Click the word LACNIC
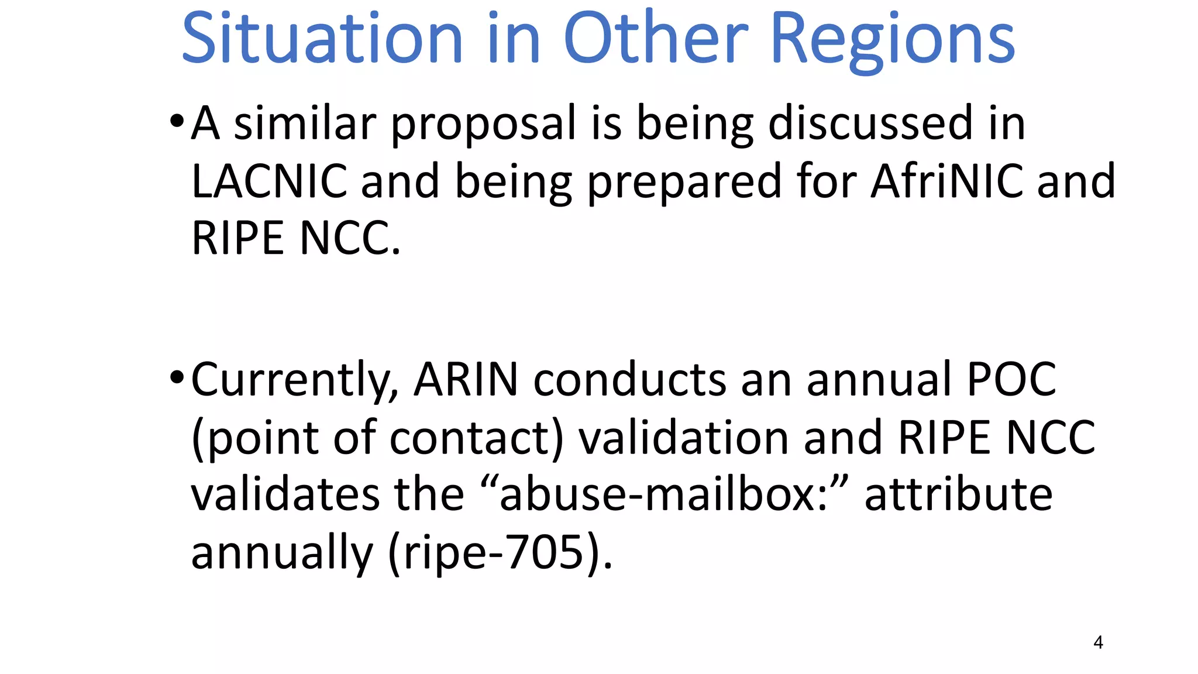(x=269, y=181)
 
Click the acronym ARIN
(x=466, y=380)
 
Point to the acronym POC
(x=1011, y=380)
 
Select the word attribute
(x=958, y=495)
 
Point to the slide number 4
(x=1098, y=642)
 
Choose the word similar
(x=304, y=123)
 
